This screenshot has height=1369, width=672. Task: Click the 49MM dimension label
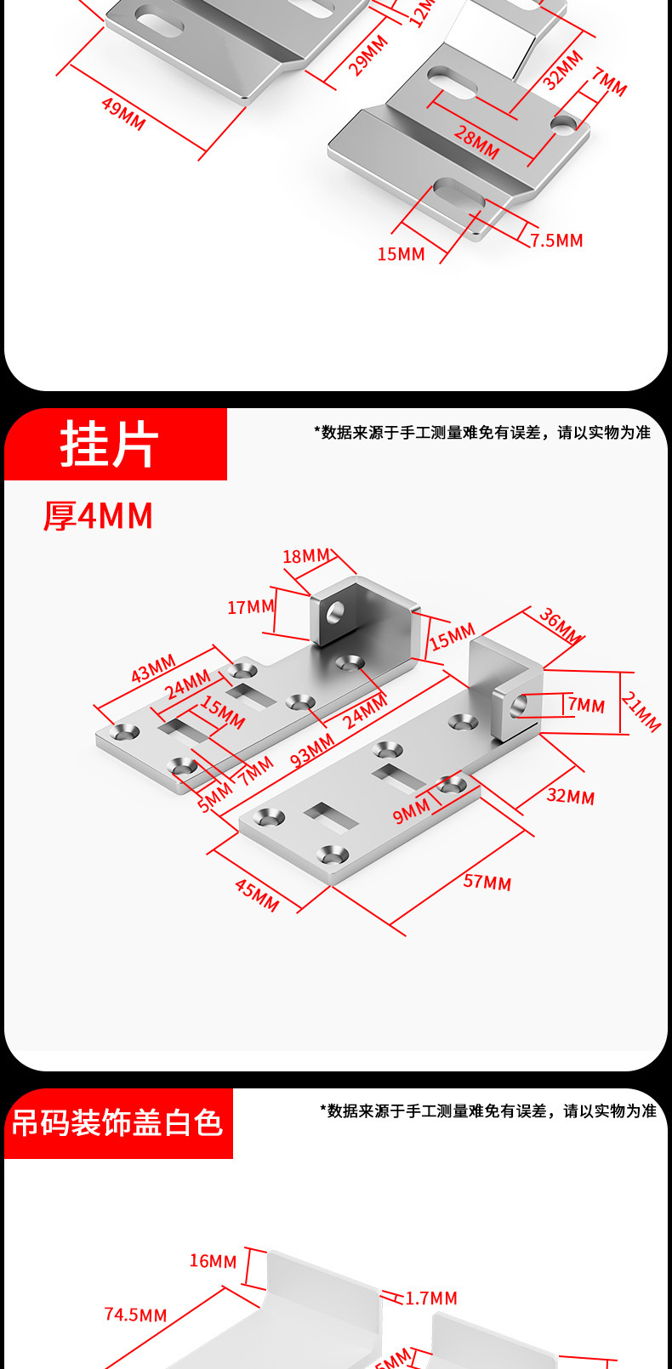coord(123,114)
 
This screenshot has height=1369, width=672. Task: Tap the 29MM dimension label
coord(368,55)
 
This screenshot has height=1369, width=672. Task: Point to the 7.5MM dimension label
coord(557,241)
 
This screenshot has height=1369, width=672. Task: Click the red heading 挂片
coord(110,444)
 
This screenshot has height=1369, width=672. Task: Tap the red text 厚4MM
coord(99,516)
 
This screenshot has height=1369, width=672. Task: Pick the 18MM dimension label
coord(306,556)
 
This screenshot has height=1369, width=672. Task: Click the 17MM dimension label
coord(251,607)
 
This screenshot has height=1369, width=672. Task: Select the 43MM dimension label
coord(153,668)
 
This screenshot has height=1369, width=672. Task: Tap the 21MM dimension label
coord(641,712)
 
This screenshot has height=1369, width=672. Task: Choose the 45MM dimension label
coord(257,895)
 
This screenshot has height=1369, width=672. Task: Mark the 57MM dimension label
coord(487,882)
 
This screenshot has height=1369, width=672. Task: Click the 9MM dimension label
coord(412,812)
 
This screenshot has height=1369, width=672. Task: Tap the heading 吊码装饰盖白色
coord(117,1123)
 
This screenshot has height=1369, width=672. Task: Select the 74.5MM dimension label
coord(136,1315)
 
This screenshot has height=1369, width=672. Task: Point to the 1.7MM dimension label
coord(431,1298)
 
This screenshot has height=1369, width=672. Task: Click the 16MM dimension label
coord(213,1261)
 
